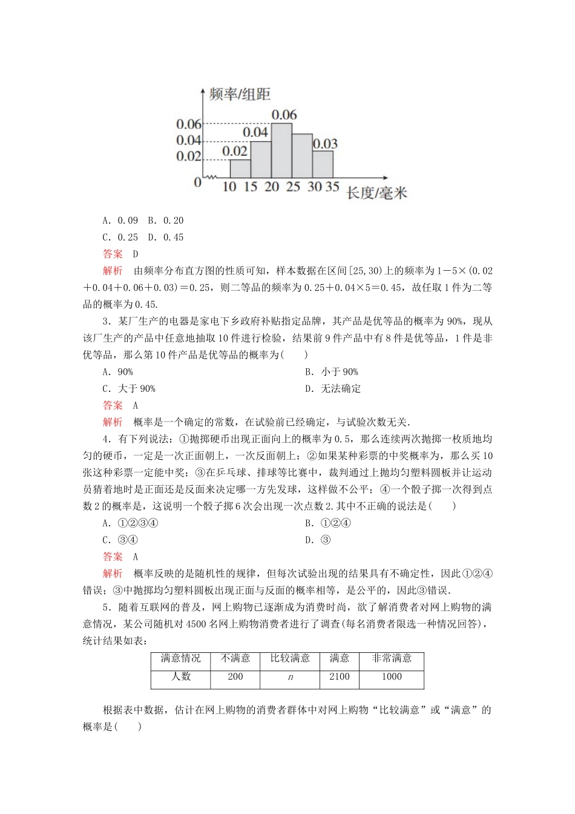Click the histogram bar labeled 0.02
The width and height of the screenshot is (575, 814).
240,168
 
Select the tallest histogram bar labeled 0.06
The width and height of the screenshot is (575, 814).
281,150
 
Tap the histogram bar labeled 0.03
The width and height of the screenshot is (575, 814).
323,164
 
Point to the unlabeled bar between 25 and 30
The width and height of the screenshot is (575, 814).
302,155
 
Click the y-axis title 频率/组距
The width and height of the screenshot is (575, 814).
239,94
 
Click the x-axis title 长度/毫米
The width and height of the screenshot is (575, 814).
376,193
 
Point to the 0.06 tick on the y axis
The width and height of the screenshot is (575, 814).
188,124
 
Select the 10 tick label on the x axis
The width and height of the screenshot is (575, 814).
229,187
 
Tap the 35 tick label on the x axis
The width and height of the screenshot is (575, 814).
332,187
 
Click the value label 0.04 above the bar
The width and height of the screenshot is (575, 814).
255,132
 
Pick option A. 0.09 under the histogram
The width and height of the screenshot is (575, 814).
120,220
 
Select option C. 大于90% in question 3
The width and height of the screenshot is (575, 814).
129,389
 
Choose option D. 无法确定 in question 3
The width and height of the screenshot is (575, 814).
333,389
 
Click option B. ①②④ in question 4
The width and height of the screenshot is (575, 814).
327,523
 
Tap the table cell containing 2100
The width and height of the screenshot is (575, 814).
339,677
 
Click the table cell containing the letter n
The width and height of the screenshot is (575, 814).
290,677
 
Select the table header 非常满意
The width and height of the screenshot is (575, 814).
391,658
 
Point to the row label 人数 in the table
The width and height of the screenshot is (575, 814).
180,677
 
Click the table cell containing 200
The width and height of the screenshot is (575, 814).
235,677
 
